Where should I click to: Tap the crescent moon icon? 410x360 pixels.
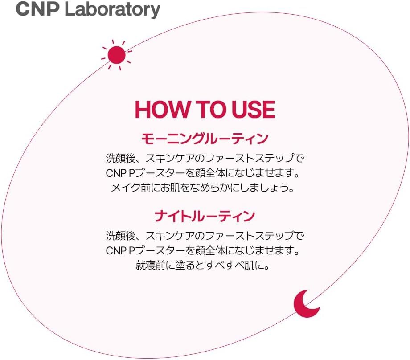[305, 304]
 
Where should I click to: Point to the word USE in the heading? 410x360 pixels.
[252, 110]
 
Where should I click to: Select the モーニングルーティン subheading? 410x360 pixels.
[205, 139]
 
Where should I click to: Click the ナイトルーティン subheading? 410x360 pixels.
[205, 217]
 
